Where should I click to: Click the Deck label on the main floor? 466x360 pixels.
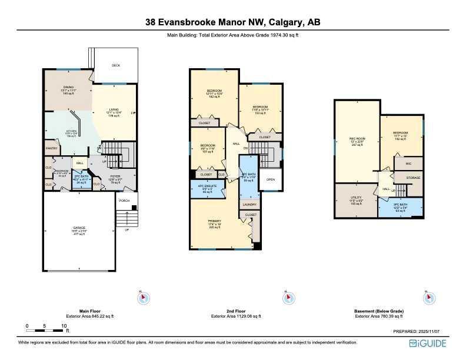point(116,66)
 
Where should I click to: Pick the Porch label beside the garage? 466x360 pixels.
point(124,201)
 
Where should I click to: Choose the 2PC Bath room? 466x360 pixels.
point(80,179)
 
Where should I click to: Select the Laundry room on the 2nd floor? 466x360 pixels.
point(249,205)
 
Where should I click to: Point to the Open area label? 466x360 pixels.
point(270,179)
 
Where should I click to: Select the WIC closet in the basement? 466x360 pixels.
point(407,163)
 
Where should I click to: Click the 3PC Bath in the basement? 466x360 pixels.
point(400,207)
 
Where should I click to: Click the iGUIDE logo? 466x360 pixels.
point(432,342)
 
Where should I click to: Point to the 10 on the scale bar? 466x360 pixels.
point(63,325)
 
